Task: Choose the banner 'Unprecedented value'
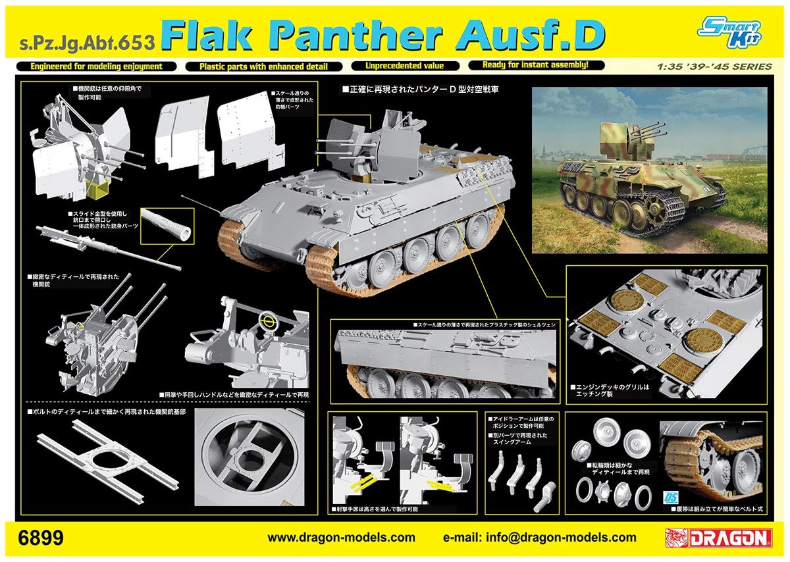coord(405,66)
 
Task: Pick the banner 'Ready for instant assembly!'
coord(535,65)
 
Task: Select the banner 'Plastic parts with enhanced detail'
coord(265,66)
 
